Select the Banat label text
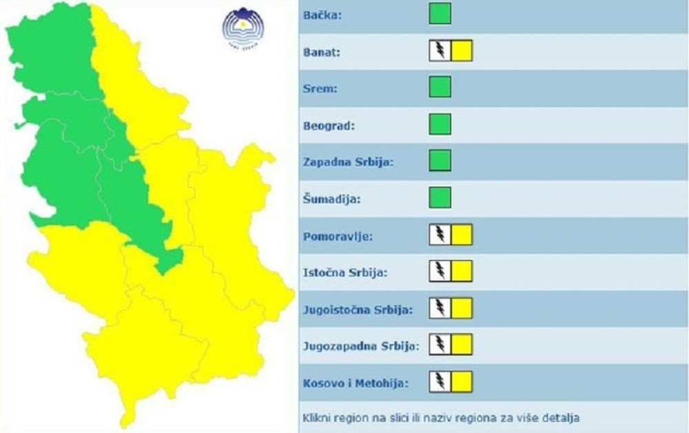point(320,51)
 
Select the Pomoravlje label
point(338,236)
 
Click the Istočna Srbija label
point(344,272)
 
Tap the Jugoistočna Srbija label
point(358,309)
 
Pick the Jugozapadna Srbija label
point(360,345)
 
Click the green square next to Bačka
point(440,14)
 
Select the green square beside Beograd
point(440,124)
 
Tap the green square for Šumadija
point(440,197)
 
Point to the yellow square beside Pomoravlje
point(462,235)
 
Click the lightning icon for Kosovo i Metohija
point(439,381)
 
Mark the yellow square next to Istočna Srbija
point(462,272)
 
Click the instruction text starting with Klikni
point(441,418)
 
